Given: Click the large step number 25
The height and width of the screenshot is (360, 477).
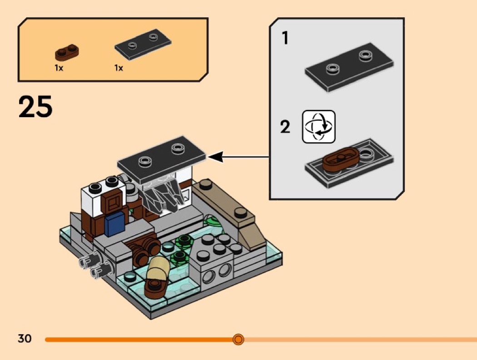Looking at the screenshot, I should [35, 107].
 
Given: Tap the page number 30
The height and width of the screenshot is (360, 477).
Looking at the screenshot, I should [25, 339].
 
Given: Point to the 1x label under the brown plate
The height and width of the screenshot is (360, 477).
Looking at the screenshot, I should [59, 68].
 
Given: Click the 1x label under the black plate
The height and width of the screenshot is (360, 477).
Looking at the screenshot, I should [119, 68].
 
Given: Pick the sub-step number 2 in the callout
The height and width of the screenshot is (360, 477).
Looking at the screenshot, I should [285, 127].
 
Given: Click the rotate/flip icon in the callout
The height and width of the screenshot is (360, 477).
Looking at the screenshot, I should [318, 127].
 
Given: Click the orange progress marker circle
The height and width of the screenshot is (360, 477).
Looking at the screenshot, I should [238, 339].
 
